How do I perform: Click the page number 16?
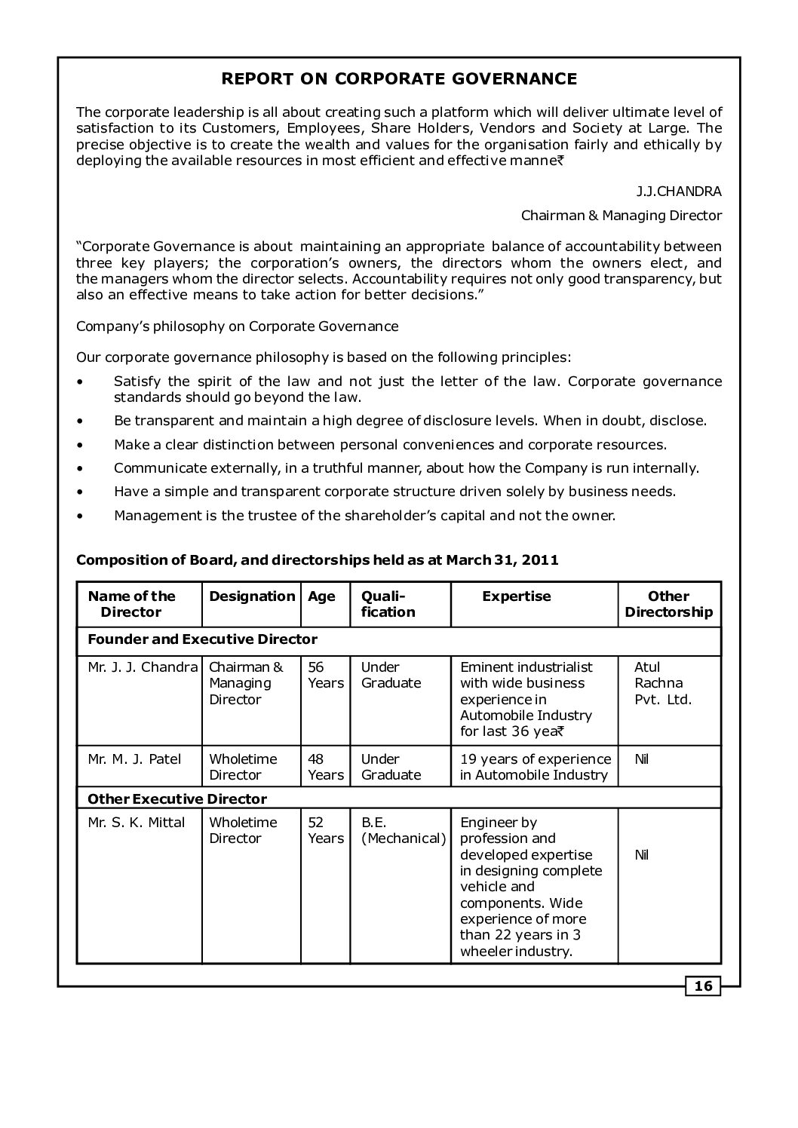tap(703, 985)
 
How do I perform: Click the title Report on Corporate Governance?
tap(399, 79)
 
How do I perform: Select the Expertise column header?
tap(517, 596)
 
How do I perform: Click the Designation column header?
tap(252, 596)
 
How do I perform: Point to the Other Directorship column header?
tap(669, 604)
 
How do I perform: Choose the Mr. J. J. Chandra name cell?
tap(143, 667)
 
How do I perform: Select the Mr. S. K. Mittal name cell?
tap(137, 823)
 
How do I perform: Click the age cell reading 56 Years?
tap(325, 676)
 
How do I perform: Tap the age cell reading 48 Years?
tap(325, 767)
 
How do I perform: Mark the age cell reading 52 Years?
tap(325, 830)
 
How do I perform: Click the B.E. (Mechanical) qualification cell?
tap(403, 830)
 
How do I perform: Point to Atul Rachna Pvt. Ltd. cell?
tap(661, 683)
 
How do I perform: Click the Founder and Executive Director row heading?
tap(203, 639)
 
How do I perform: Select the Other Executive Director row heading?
tap(177, 798)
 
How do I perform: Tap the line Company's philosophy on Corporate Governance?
tap(238, 326)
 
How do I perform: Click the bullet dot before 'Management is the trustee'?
tap(81, 516)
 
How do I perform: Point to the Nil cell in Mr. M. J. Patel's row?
tap(641, 759)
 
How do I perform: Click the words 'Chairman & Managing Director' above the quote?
tap(622, 216)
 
